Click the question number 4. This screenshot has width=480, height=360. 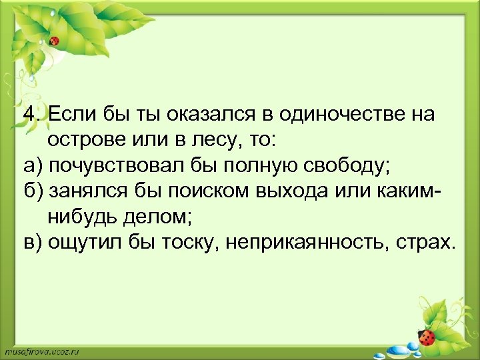pyautogui.click(x=29, y=114)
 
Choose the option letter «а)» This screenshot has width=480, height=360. pyautogui.click(x=31, y=166)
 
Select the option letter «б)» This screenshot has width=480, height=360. pyautogui.click(x=31, y=191)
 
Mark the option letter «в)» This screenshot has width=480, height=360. pyautogui.click(x=31, y=243)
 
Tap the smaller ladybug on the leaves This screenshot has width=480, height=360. pyautogui.click(x=55, y=41)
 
